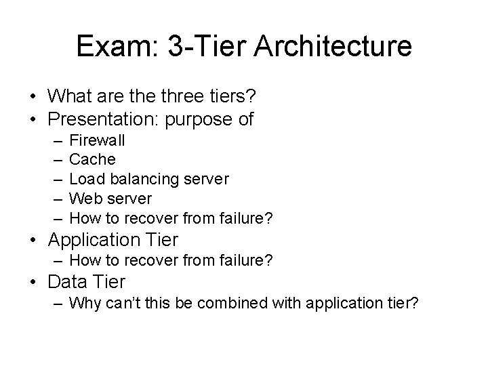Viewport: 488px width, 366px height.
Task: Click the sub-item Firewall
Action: pos(97,141)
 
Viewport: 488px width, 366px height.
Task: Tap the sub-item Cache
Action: pos(93,160)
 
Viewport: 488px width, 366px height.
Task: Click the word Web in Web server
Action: pos(84,199)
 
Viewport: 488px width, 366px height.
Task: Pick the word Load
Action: pos(85,180)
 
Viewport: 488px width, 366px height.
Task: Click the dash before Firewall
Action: pos(54,141)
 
